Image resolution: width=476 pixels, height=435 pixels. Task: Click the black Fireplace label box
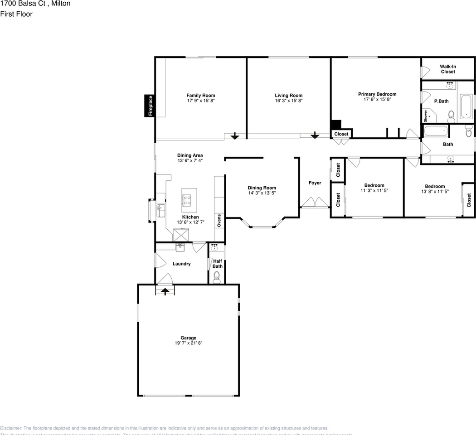150,106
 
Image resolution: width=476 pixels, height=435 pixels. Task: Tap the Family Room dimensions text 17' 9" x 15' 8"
200,101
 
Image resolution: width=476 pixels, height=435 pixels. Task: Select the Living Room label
288,96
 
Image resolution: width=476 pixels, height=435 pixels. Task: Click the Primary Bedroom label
377,94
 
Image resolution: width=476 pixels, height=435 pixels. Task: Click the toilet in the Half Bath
217,277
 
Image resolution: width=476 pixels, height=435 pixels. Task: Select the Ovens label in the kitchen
219,221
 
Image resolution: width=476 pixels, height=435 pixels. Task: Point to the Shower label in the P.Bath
426,116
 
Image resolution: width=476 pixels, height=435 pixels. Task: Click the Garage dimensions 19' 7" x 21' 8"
189,343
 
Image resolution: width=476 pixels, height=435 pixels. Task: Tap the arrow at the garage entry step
165,291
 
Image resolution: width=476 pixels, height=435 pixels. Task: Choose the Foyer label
315,183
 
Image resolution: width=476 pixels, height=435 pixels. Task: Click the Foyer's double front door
315,202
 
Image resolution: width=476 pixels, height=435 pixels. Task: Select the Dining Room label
262,188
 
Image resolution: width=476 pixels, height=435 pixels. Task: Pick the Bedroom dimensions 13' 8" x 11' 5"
434,192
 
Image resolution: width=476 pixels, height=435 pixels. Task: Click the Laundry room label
181,264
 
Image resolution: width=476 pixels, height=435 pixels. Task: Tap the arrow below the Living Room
314,135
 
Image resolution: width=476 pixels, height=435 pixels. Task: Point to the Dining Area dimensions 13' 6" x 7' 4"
189,160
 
